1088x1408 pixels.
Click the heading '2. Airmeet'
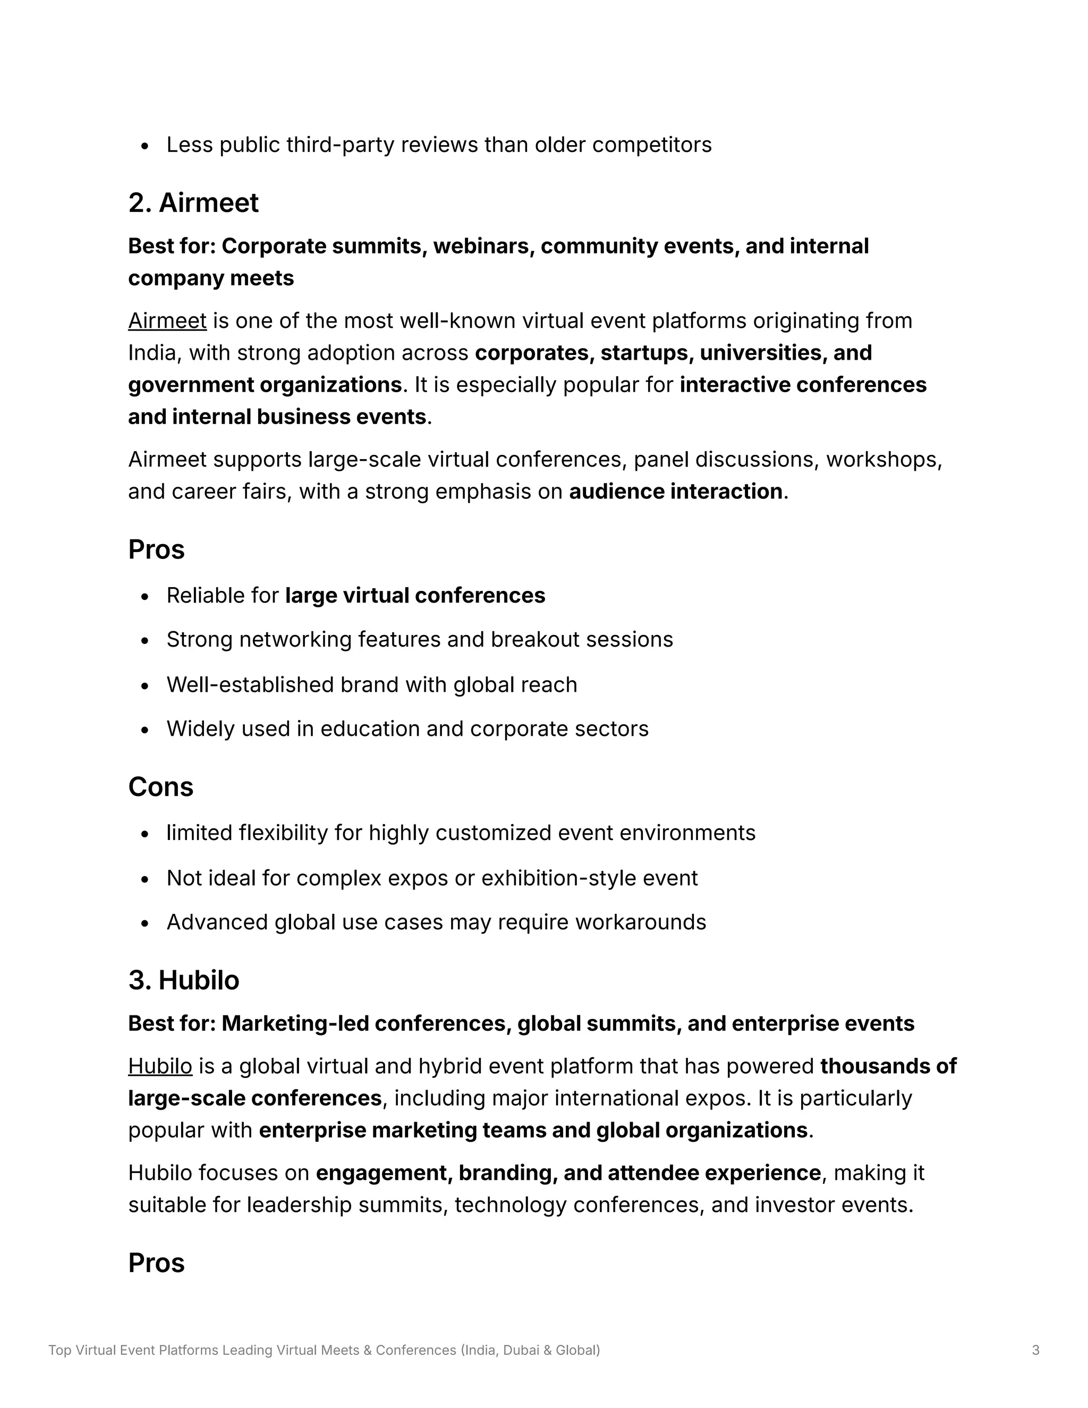[193, 203]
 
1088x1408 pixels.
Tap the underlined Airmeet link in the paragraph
[167, 320]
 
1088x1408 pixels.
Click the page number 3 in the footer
[1035, 1350]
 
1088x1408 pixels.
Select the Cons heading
[160, 787]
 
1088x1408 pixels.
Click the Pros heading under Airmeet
[156, 550]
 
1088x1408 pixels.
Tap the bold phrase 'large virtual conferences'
[414, 595]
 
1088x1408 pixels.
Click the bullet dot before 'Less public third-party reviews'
[144, 146]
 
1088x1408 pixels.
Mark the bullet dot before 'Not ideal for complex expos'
[144, 879]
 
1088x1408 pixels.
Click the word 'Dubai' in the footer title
[521, 1350]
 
